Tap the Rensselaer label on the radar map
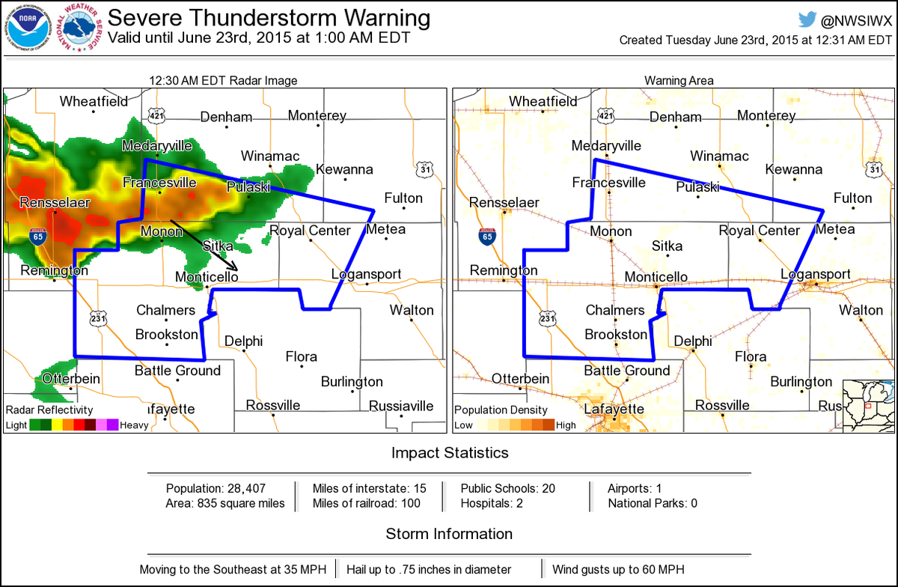(55, 203)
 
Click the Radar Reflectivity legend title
(49, 410)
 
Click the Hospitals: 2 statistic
(492, 503)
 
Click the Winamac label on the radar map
(270, 156)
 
